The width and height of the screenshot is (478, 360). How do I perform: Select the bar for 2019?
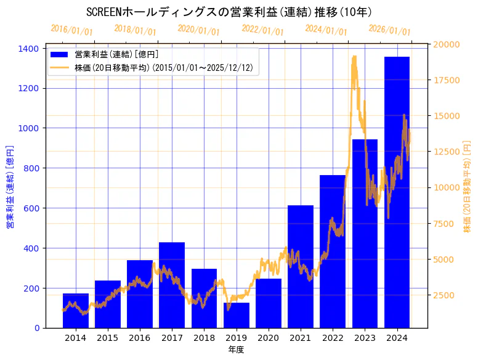[x=236, y=315]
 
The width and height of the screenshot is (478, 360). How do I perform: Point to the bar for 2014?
[x=75, y=311]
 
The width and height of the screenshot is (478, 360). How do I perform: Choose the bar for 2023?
[x=365, y=234]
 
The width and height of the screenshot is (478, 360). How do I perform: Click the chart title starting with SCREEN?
[x=229, y=12]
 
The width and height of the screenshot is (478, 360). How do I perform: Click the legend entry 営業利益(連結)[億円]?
[x=116, y=54]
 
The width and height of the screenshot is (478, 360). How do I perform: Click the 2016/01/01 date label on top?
[x=71, y=30]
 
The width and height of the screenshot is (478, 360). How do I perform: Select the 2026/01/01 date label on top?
[x=389, y=30]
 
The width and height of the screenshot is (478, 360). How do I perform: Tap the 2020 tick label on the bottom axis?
[x=268, y=338]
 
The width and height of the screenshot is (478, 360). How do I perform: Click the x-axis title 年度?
[x=236, y=350]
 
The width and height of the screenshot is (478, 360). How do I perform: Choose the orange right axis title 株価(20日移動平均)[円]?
[x=468, y=187]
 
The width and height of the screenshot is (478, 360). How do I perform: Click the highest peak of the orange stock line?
[x=354, y=57]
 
